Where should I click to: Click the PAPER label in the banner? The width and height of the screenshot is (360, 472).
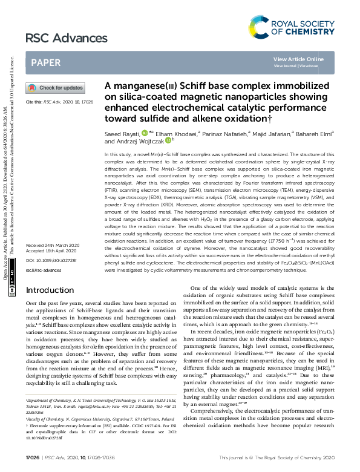pyautogui.click(x=46, y=62)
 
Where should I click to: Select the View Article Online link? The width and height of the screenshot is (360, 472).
pyautogui.click(x=298, y=59)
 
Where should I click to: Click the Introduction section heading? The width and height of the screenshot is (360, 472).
pyautogui.click(x=54, y=290)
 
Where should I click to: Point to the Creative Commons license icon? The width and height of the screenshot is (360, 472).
pyautogui.click(x=13, y=292)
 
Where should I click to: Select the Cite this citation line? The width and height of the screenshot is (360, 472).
pyautogui.click(x=59, y=103)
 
